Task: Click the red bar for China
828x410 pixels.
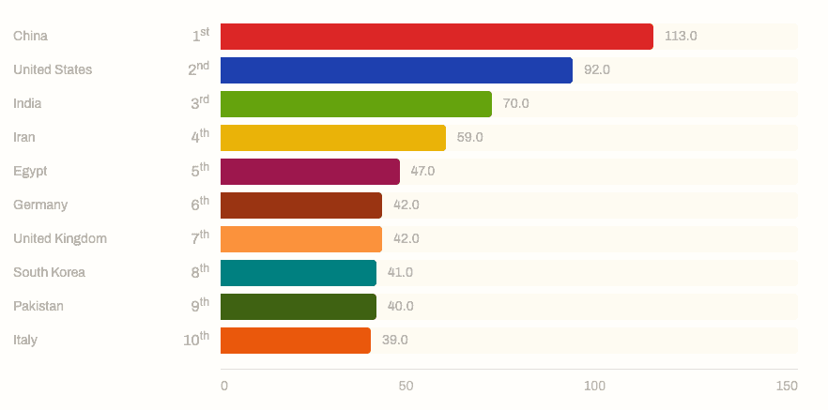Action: tap(437, 37)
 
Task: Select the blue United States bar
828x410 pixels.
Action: tap(396, 70)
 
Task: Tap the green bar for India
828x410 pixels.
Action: tap(356, 104)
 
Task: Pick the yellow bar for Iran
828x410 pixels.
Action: tap(333, 138)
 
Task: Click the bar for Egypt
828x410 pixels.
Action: tap(310, 172)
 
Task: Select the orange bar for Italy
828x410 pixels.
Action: tap(296, 341)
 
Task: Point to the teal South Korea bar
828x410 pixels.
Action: tap(299, 273)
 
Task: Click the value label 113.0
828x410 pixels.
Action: tap(681, 37)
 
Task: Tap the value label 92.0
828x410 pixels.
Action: tap(597, 70)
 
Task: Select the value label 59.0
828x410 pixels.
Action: tap(469, 138)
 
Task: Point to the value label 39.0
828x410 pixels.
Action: tap(394, 341)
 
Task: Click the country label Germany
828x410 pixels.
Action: tap(40, 205)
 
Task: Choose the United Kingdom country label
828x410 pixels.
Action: tap(60, 239)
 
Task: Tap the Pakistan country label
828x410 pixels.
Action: tap(38, 307)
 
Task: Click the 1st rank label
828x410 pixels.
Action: tap(201, 36)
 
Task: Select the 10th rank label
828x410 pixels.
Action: tap(196, 340)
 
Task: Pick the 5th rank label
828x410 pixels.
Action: tap(200, 171)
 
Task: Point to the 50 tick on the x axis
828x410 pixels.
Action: tap(406, 387)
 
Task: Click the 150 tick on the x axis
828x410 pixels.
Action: tap(787, 387)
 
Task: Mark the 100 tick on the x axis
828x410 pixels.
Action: tap(595, 387)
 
